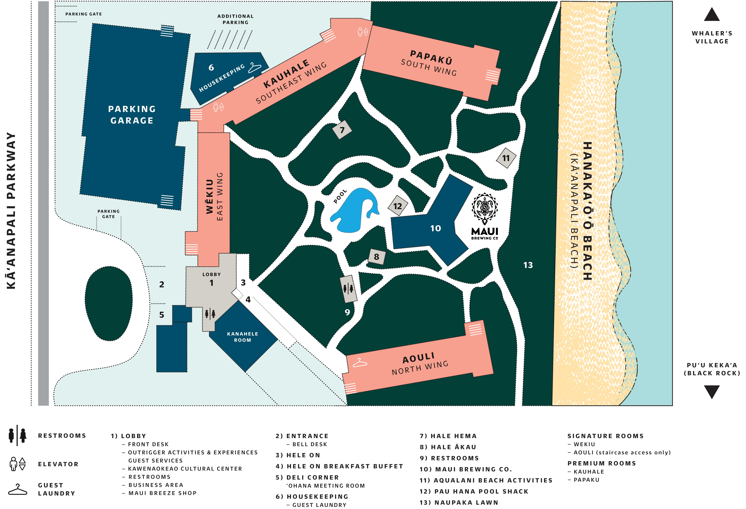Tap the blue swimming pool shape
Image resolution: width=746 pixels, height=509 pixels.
point(353,212)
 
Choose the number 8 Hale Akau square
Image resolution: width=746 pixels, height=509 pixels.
point(377,257)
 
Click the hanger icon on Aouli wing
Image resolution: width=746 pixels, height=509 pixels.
point(360,363)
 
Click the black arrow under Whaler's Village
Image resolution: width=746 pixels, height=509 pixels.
point(712,15)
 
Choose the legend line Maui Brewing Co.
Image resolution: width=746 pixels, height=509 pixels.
point(465,469)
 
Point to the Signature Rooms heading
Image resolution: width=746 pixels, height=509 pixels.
point(605,436)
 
